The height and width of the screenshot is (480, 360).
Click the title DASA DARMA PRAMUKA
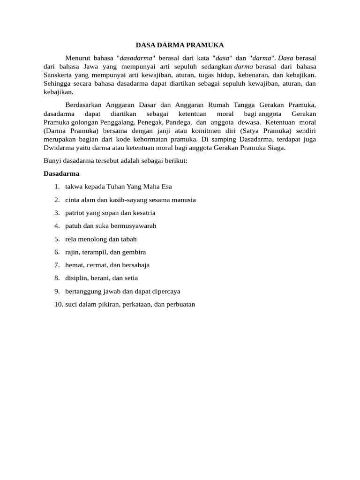click(180, 45)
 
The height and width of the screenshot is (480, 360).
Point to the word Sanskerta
click(59, 75)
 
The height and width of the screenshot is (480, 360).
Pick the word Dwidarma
click(58, 148)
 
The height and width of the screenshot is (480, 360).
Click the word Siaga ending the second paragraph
click(275, 148)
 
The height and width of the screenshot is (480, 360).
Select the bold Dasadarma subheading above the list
click(61, 173)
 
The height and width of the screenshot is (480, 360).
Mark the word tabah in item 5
click(128, 239)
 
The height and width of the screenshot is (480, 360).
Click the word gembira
click(134, 252)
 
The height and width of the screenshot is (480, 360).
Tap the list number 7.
click(56, 265)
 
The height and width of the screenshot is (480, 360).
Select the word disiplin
click(76, 278)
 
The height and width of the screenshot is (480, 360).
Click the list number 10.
click(58, 304)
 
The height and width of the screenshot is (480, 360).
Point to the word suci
click(71, 304)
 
